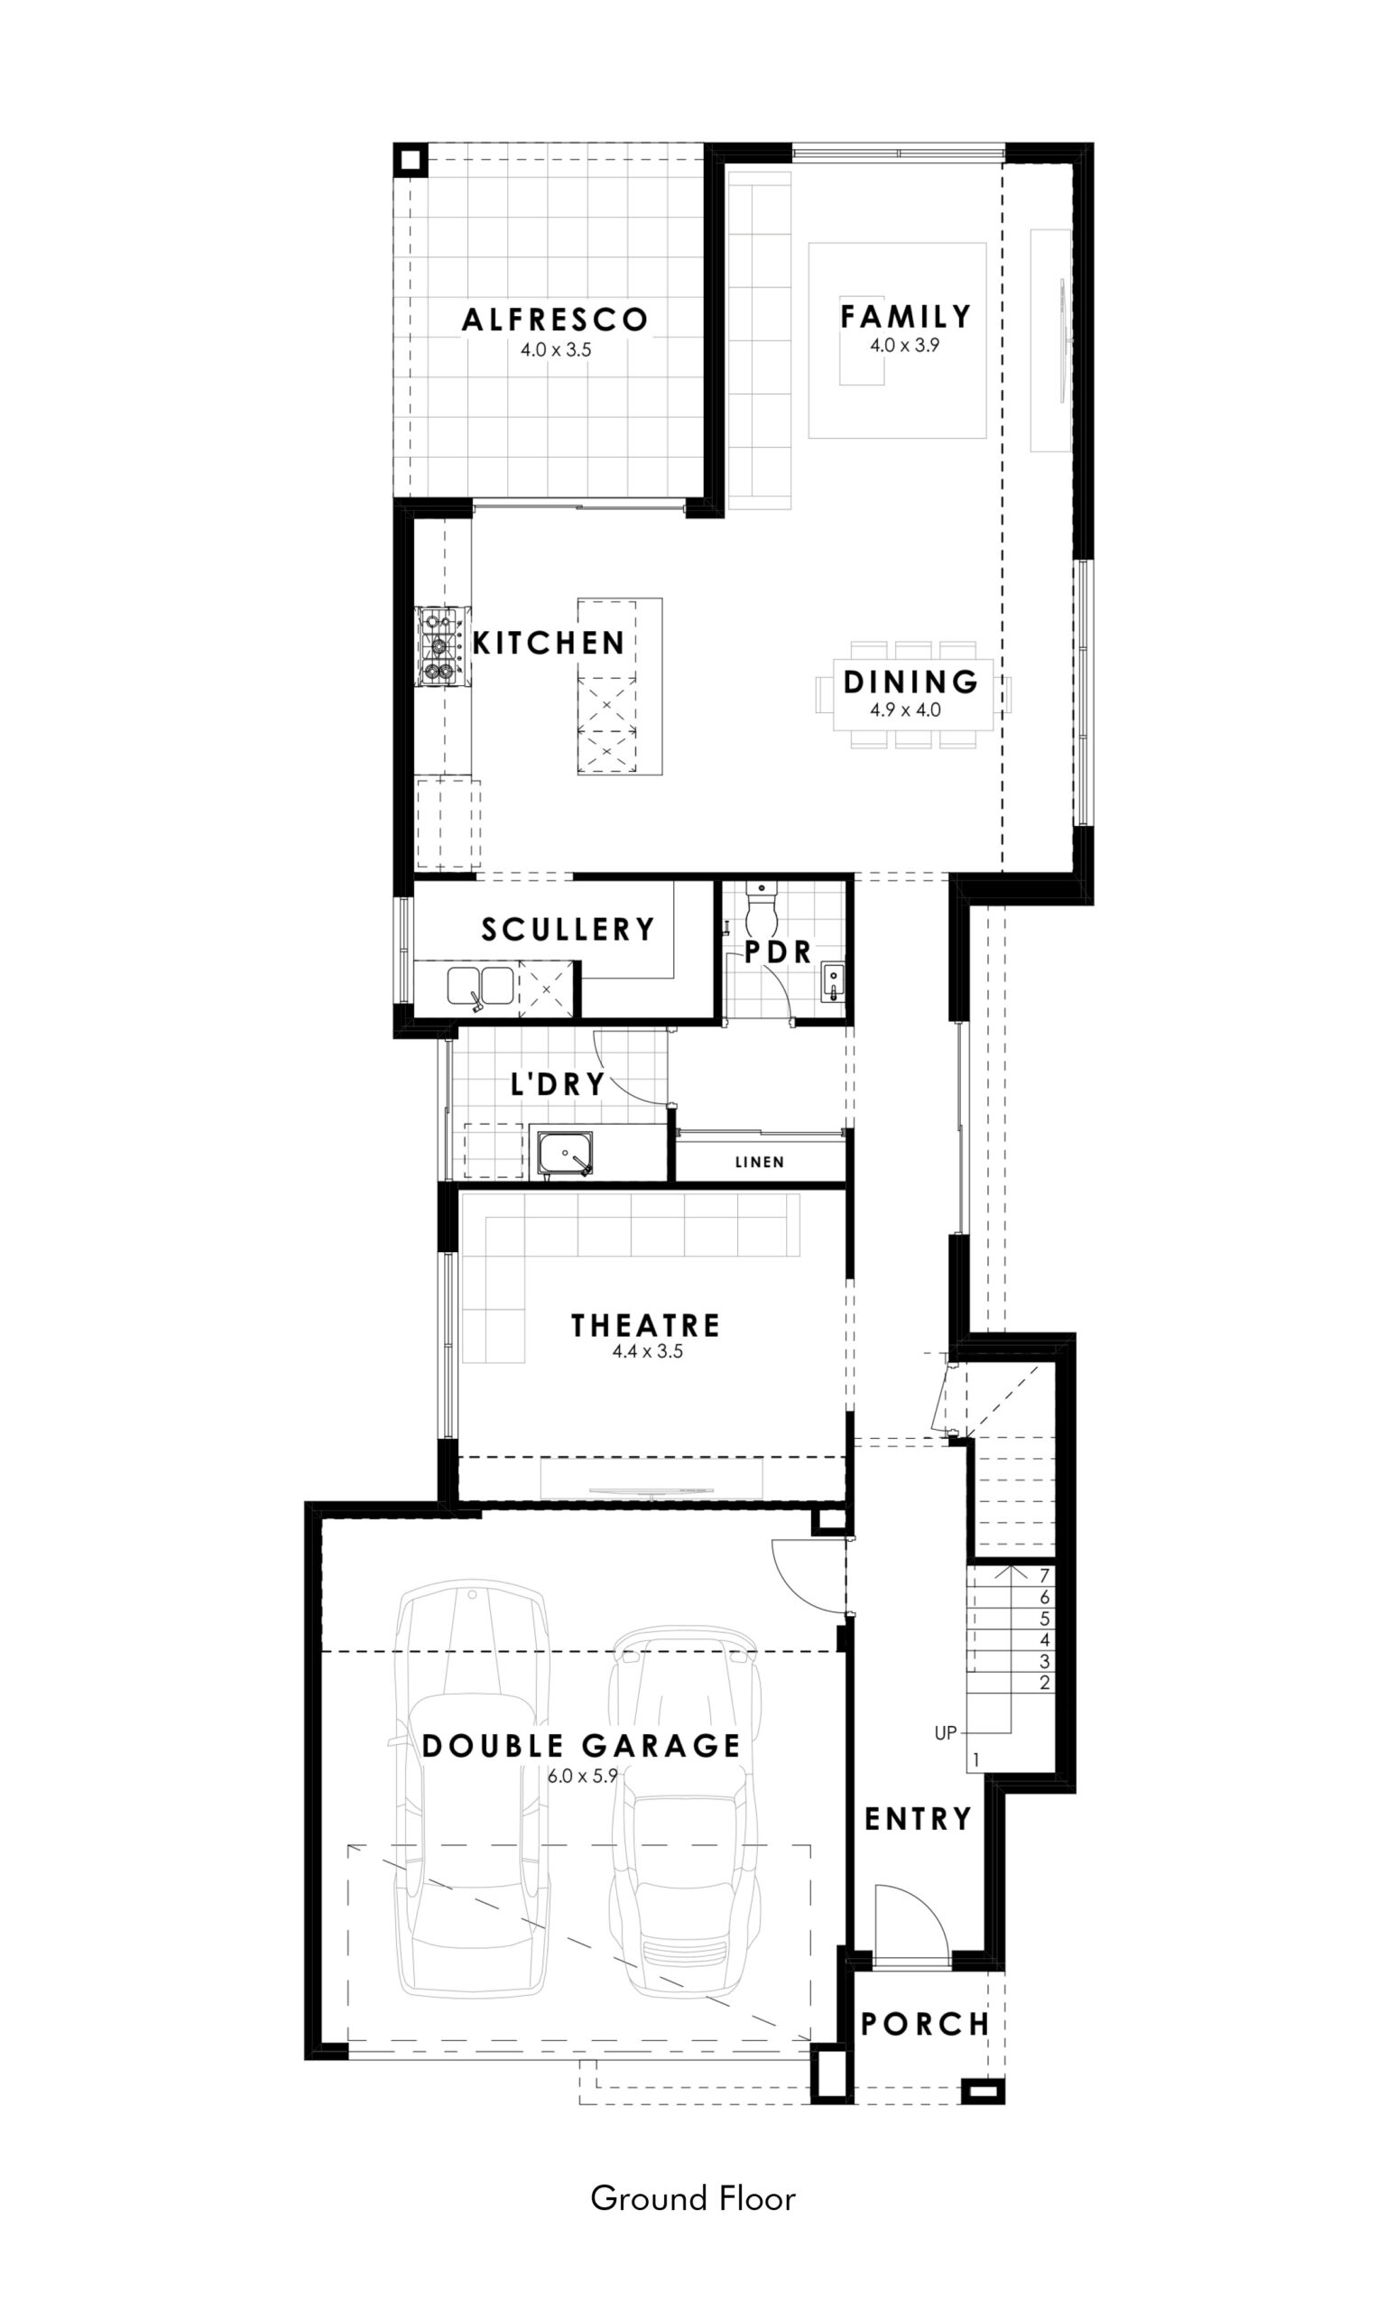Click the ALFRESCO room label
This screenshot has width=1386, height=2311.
pyautogui.click(x=555, y=320)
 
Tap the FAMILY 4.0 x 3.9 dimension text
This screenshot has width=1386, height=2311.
pyautogui.click(x=904, y=345)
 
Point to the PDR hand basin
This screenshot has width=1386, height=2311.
pyautogui.click(x=832, y=982)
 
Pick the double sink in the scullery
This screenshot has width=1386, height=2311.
pyautogui.click(x=480, y=987)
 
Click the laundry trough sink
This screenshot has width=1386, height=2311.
pyautogui.click(x=565, y=1154)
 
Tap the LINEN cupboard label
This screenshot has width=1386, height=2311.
pyautogui.click(x=759, y=1162)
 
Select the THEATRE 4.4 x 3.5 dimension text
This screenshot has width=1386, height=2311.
pyautogui.click(x=647, y=1350)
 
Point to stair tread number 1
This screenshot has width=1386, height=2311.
pyautogui.click(x=976, y=1759)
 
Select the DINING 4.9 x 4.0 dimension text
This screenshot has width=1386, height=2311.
pyautogui.click(x=905, y=709)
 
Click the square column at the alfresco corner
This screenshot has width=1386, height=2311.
pyautogui.click(x=410, y=160)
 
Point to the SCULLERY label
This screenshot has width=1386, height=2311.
pyautogui.click(x=568, y=930)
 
